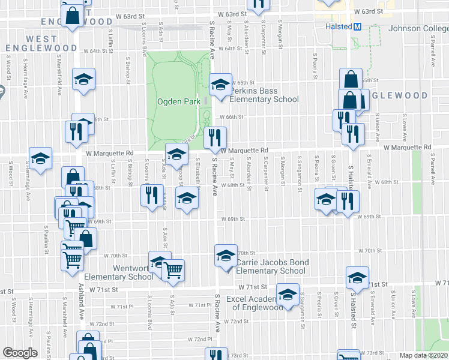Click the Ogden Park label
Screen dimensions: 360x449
pos(178,102)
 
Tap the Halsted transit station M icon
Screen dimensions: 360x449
pos(357,27)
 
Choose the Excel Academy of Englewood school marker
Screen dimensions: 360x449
pos(288,294)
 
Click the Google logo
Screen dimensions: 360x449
pos(20,353)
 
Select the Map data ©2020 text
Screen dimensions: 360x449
pos(424,355)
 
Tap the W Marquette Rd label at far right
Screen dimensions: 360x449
pos(408,147)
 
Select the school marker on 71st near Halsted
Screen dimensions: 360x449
pos(357,277)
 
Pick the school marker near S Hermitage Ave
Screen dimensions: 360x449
pos(41,159)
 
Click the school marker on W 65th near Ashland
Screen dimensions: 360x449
pos(83,79)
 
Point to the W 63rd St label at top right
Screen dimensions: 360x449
pos(368,11)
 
